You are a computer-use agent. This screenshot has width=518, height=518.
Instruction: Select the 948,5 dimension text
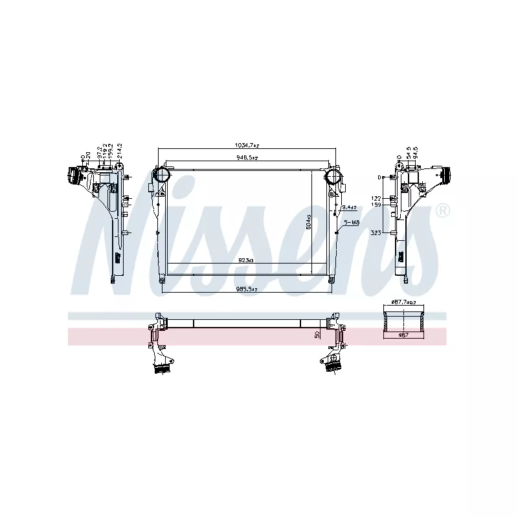pyautogui.click(x=247, y=157)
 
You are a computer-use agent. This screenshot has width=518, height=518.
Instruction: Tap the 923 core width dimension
pyautogui.click(x=246, y=260)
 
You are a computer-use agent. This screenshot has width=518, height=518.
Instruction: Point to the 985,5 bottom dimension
pyautogui.click(x=247, y=289)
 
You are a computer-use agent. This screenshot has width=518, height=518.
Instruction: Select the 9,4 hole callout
pyautogui.click(x=350, y=207)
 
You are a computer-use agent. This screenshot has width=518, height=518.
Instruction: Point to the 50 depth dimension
pyautogui.click(x=317, y=334)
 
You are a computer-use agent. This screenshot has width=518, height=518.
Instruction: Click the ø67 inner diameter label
pyautogui.click(x=404, y=334)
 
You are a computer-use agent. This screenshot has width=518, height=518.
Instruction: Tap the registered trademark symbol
pyautogui.click(x=443, y=210)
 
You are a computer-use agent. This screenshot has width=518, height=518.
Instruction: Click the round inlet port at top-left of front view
pyautogui.click(x=161, y=175)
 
